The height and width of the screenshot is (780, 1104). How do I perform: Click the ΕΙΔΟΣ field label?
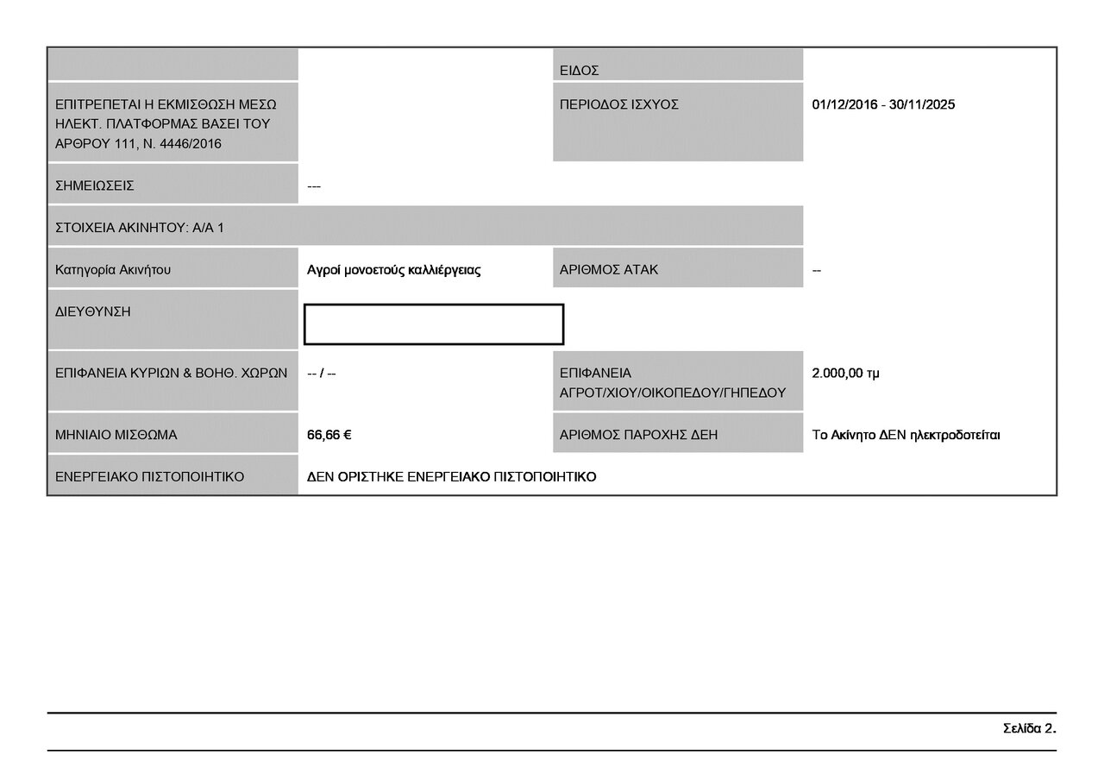579,71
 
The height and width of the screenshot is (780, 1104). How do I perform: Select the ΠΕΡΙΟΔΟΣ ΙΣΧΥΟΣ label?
619,104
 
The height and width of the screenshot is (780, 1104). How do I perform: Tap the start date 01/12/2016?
844,104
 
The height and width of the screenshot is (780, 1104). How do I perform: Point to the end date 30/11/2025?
922,104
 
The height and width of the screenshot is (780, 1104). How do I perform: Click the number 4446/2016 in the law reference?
191,144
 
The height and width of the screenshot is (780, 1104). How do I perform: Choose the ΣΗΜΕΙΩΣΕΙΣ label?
95,186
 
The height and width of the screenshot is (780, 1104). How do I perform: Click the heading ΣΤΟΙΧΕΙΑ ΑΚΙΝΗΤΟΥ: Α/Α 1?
140,228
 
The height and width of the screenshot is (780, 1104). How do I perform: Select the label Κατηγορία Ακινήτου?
113,270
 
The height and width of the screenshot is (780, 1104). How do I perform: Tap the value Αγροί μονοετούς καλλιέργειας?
394,270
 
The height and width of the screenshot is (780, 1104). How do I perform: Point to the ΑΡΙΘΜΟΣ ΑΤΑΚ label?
609,270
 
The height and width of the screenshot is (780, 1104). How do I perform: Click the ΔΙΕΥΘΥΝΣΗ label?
92,311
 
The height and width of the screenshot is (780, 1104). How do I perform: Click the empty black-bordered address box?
434,305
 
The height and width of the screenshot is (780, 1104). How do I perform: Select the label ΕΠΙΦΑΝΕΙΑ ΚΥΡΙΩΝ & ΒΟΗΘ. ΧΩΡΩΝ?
171,374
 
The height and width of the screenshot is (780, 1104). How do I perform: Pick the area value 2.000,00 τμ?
846,374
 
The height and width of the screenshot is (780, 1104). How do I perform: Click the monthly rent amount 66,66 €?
329,435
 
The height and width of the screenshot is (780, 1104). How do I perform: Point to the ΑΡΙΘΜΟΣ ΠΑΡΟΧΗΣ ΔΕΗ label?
638,435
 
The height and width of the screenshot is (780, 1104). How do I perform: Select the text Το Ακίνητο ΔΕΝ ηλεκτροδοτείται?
906,436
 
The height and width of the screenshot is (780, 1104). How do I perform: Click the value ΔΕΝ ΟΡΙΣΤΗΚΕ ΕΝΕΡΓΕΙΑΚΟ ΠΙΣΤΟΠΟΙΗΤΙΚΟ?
451,477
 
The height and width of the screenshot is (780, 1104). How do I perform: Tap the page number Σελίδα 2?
1030,728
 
